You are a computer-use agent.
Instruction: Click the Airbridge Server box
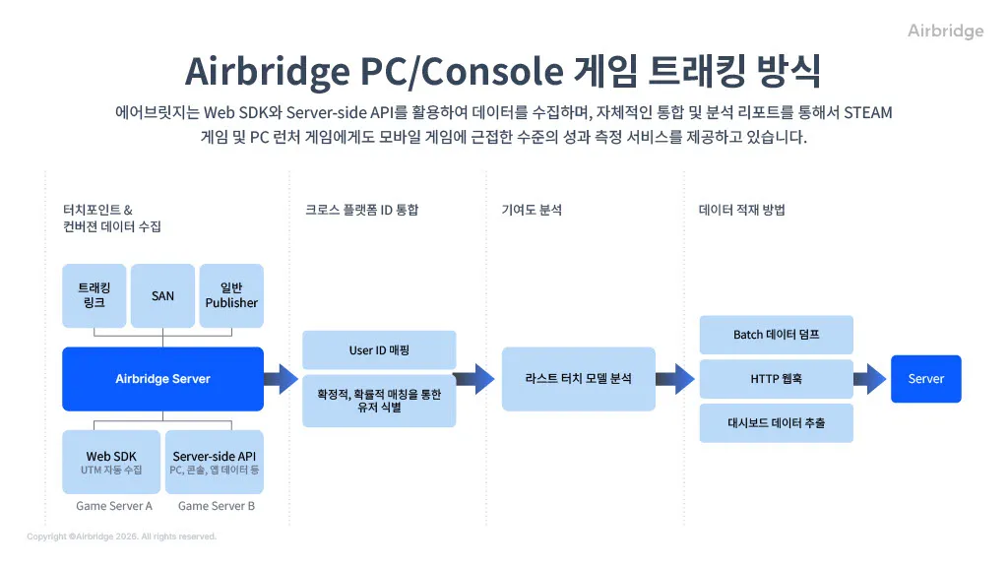click(x=162, y=379)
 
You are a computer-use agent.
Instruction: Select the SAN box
click(x=162, y=295)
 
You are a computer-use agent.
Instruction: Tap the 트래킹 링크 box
click(x=94, y=295)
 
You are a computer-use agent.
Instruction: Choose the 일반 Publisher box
click(x=231, y=295)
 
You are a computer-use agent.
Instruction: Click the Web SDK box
click(x=111, y=463)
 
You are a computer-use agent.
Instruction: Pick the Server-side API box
click(x=214, y=463)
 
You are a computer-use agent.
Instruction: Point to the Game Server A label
click(x=114, y=506)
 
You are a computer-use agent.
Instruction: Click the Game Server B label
click(x=216, y=506)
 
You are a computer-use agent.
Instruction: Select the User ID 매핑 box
click(x=379, y=350)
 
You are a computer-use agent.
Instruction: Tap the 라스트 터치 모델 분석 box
click(x=579, y=379)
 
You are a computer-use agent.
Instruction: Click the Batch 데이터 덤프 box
click(x=776, y=335)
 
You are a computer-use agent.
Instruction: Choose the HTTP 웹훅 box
click(x=776, y=379)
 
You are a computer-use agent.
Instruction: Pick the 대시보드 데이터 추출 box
click(x=776, y=423)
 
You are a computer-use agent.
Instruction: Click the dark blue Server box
click(x=925, y=379)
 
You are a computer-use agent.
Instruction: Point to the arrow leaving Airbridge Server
click(x=281, y=379)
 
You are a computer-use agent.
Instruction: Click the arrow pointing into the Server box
click(x=870, y=379)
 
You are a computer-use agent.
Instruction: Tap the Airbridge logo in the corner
click(x=945, y=31)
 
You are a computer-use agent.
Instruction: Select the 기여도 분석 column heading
click(x=532, y=210)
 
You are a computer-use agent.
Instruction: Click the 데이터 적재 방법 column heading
click(x=742, y=210)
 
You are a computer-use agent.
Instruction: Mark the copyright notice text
click(x=121, y=536)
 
